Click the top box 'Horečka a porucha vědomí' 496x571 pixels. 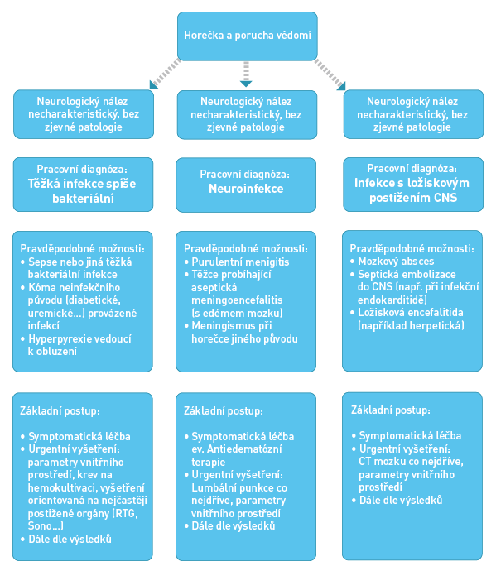tap(248, 36)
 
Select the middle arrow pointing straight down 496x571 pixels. tap(246, 74)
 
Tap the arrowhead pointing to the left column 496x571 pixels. tap(153, 85)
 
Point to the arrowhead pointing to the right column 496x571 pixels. tap(341, 86)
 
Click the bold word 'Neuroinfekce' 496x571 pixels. tap(246, 189)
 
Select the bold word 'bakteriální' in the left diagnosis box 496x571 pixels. tap(83, 199)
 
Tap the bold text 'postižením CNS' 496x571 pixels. tap(413, 198)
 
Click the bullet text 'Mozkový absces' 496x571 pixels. tap(396, 262)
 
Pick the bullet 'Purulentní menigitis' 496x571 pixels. tap(240, 262)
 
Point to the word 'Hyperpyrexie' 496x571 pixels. tap(59, 339)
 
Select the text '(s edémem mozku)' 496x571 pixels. tap(237, 313)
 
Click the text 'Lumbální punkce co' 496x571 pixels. tap(239, 487)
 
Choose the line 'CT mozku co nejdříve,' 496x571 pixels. tap(411, 462)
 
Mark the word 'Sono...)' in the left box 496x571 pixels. tap(46, 525)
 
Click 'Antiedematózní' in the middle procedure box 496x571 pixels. tap(244, 449)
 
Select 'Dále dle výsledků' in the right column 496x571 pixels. tap(401, 500)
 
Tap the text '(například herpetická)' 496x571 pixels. tap(411, 325)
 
